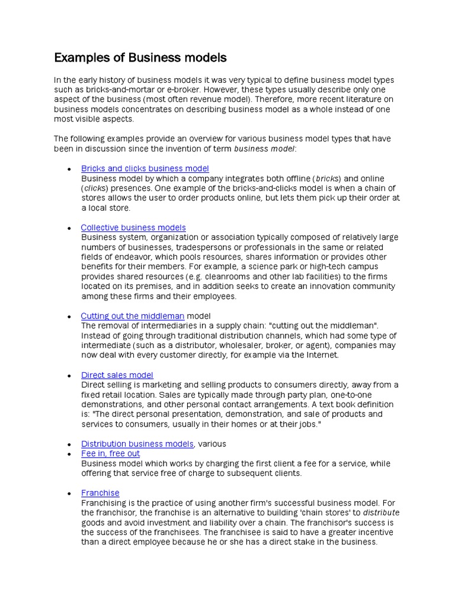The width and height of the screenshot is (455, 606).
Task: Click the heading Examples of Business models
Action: point(140,58)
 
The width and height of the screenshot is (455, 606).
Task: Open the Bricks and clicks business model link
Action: point(145,169)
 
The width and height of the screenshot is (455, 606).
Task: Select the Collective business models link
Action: point(133,228)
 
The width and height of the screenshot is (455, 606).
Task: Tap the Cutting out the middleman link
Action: point(133,316)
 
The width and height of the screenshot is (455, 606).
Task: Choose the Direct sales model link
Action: point(117,375)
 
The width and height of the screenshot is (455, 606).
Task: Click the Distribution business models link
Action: point(137,444)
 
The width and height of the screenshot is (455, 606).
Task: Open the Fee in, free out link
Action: point(111,454)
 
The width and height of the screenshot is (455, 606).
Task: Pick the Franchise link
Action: point(100,493)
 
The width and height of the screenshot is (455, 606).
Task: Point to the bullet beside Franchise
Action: point(69,494)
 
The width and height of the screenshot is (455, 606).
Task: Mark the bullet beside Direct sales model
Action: point(69,376)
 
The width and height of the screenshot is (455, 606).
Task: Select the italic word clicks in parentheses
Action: point(95,188)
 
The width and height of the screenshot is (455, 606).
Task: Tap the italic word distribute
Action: point(381,512)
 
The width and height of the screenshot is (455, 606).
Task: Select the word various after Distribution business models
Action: point(212,444)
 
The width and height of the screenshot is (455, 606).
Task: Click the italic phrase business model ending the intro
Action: point(264,149)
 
